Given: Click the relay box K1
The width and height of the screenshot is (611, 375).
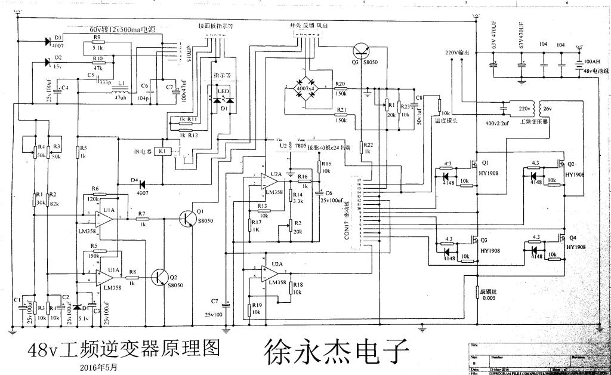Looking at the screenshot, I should pyautogui.click(x=163, y=152).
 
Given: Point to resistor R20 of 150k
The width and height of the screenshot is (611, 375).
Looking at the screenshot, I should pyautogui.click(x=341, y=90).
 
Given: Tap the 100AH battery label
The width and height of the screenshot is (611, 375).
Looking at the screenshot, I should pyautogui.click(x=592, y=62).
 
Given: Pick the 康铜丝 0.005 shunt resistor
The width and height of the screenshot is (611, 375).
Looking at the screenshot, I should pyautogui.click(x=477, y=292).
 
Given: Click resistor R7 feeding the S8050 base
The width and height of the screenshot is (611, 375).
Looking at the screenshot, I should pyautogui.click(x=143, y=219).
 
